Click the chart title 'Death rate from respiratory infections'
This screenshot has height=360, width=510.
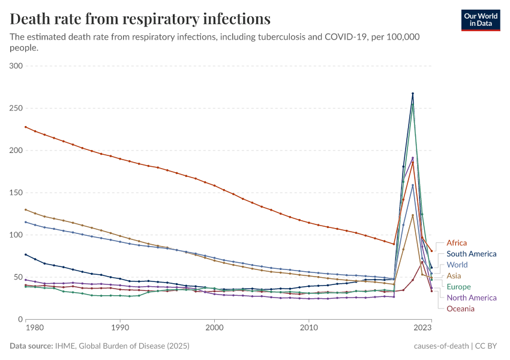(140, 19)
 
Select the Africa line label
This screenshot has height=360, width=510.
(457, 243)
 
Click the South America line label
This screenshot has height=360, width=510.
(472, 254)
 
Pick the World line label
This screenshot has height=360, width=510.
(457, 265)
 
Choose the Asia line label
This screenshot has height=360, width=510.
(454, 275)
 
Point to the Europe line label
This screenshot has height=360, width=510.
(459, 287)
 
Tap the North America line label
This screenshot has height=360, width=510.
(472, 298)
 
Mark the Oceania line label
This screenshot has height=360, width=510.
(461, 308)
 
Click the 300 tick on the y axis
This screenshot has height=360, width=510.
(16, 66)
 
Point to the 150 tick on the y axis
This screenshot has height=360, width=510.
(16, 193)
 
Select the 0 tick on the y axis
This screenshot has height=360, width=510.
(20, 319)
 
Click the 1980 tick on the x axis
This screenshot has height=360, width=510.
(35, 328)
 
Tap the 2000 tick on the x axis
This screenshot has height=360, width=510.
(214, 328)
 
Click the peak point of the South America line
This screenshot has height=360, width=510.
(413, 94)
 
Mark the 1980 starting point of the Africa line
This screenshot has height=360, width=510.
(25, 127)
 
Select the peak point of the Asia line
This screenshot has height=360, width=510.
(413, 215)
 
